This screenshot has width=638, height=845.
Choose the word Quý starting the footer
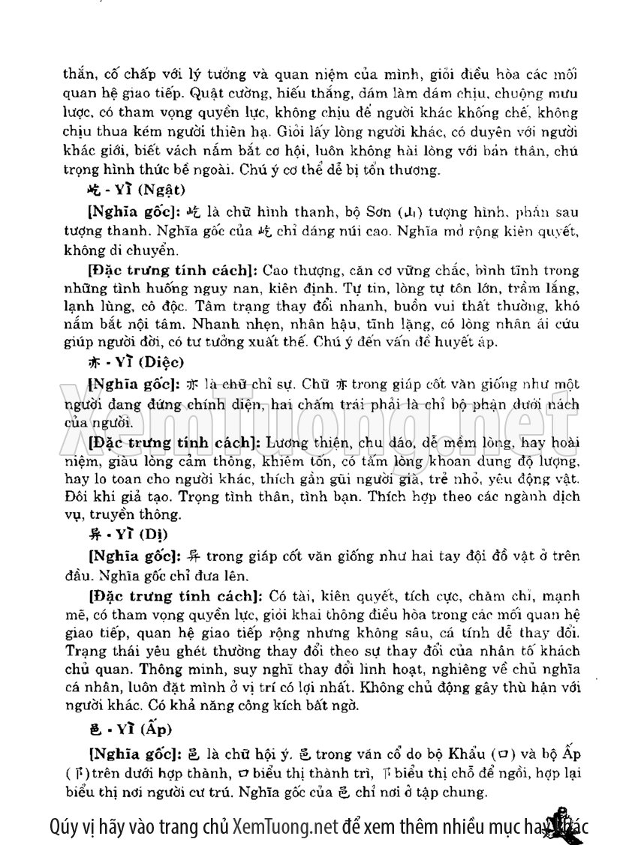click(65, 826)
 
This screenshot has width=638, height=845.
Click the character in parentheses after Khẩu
click(504, 753)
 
